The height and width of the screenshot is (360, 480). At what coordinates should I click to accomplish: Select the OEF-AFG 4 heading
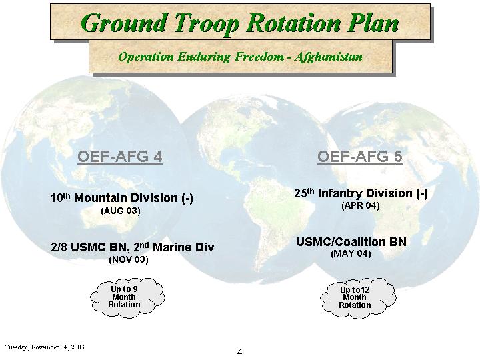[x=120, y=157]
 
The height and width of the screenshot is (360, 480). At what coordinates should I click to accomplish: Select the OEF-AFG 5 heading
[x=360, y=157]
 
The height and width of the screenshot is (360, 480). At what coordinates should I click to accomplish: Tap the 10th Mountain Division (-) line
[x=121, y=198]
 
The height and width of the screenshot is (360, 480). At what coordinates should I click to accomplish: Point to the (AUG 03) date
[x=120, y=211]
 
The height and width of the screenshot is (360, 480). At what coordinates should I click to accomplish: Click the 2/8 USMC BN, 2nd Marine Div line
[x=133, y=247]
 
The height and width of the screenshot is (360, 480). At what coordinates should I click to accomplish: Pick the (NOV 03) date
[x=129, y=259]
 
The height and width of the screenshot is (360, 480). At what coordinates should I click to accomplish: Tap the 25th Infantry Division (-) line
[x=361, y=193]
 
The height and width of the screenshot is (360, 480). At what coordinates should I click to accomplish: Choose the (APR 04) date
[x=360, y=205]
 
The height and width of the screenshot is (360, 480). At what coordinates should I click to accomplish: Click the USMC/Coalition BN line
[x=351, y=242]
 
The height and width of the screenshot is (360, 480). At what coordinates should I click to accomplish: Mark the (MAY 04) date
[x=351, y=254]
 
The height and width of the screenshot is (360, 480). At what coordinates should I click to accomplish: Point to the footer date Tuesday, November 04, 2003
[x=45, y=347]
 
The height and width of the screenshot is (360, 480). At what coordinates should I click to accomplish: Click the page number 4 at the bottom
[x=239, y=352]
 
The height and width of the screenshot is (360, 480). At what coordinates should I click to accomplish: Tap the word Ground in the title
[x=124, y=23]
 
